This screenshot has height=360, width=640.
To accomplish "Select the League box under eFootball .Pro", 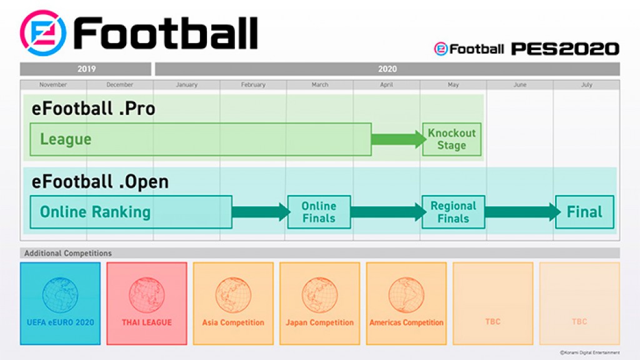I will [x=200, y=139].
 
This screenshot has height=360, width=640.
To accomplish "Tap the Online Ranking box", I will [x=131, y=212].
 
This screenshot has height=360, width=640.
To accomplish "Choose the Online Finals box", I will [x=319, y=212].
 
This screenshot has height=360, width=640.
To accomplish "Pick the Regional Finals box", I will [x=453, y=212].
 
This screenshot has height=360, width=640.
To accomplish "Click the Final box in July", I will [x=584, y=212].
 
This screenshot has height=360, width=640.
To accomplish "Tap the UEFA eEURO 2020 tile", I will [x=60, y=303].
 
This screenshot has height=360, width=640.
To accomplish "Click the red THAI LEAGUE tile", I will [x=147, y=303].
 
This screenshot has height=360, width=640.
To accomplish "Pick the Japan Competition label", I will [x=319, y=322].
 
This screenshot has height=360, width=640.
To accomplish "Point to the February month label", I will [x=253, y=85].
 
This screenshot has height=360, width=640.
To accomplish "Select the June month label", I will [x=520, y=85].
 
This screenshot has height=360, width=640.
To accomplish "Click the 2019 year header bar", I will [x=86, y=69].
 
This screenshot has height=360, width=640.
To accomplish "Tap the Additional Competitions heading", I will [x=68, y=253].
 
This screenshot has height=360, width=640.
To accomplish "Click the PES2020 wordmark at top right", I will [x=565, y=49].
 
